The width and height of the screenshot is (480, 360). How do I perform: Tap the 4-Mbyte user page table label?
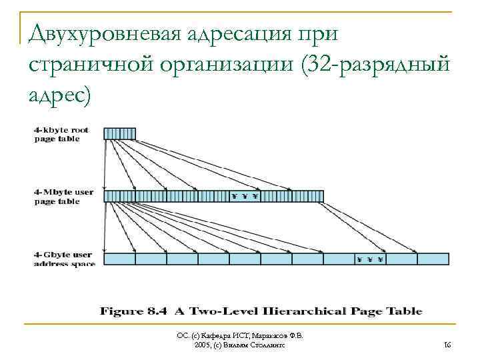pos(63,197)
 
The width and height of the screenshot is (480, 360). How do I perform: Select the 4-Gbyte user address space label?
pos(64,259)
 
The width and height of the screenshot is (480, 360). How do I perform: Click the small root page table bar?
pos(119,133)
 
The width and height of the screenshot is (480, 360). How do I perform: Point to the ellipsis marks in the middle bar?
pos(245,196)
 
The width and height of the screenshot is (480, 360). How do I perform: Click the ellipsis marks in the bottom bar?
pos(370,259)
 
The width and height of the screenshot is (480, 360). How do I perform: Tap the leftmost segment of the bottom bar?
pos(120,259)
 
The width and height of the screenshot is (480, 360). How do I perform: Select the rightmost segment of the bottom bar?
pos(433,259)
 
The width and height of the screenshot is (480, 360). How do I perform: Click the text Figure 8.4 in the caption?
pos(134,311)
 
